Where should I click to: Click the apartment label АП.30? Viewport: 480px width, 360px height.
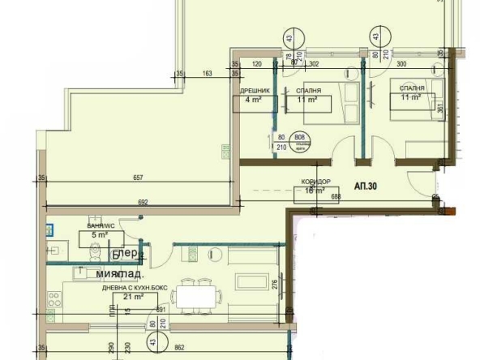(x=367, y=185)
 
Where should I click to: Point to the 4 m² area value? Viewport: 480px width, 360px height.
(x=251, y=101)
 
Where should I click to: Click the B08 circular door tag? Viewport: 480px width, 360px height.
(x=300, y=138)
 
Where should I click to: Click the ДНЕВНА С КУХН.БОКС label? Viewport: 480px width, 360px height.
(x=126, y=289)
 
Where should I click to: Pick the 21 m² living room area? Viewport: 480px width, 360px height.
(x=127, y=298)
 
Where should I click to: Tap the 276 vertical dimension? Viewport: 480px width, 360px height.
(x=276, y=284)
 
